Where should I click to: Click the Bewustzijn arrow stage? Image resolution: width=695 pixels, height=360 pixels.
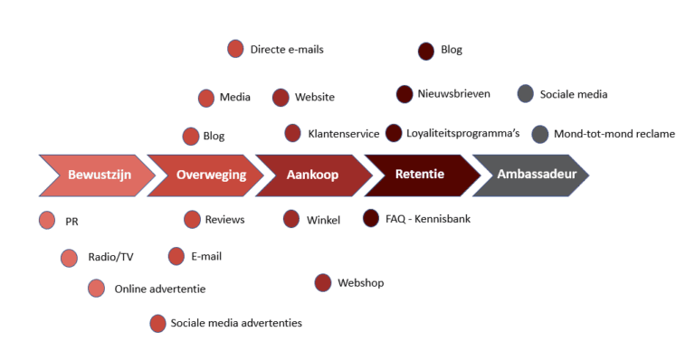[95, 175]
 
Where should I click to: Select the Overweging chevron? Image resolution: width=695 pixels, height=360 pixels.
[206, 175]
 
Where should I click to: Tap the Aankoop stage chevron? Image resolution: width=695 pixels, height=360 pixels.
[313, 175]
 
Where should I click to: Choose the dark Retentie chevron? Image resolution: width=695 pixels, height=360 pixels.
[421, 175]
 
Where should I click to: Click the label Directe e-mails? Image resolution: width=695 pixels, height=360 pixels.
[287, 49]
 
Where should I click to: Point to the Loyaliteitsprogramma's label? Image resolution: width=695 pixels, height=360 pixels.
[462, 133]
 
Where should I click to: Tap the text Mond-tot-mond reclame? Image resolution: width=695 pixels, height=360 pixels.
[614, 134]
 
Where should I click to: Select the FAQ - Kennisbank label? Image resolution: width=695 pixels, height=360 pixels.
[428, 218]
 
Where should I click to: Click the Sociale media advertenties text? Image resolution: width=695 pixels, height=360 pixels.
[236, 323]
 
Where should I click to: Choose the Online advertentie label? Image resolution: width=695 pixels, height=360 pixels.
[160, 289]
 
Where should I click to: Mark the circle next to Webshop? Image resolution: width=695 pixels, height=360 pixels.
[323, 283]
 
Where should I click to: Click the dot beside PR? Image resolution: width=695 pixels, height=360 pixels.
[48, 220]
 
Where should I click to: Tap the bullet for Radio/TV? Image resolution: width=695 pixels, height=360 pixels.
[70, 258]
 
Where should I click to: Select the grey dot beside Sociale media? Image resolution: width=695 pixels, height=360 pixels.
[526, 93]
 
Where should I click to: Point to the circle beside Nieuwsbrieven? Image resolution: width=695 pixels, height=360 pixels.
[405, 93]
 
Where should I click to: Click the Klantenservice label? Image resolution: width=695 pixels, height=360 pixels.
[343, 133]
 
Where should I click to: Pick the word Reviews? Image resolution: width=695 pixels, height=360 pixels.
[224, 219]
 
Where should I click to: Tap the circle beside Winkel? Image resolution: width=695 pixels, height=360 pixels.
[291, 219]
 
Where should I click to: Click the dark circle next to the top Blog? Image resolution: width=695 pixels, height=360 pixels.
[426, 51]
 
